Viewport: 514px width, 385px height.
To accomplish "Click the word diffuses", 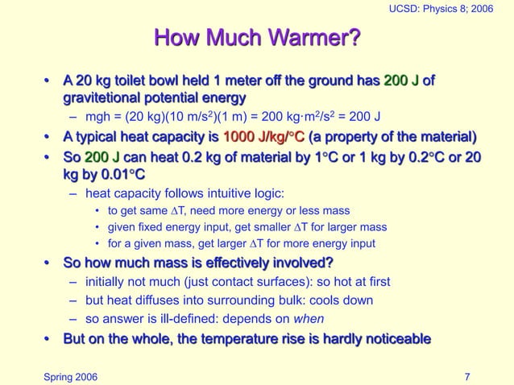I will [x=158, y=300].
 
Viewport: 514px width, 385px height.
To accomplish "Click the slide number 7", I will [x=468, y=375].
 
